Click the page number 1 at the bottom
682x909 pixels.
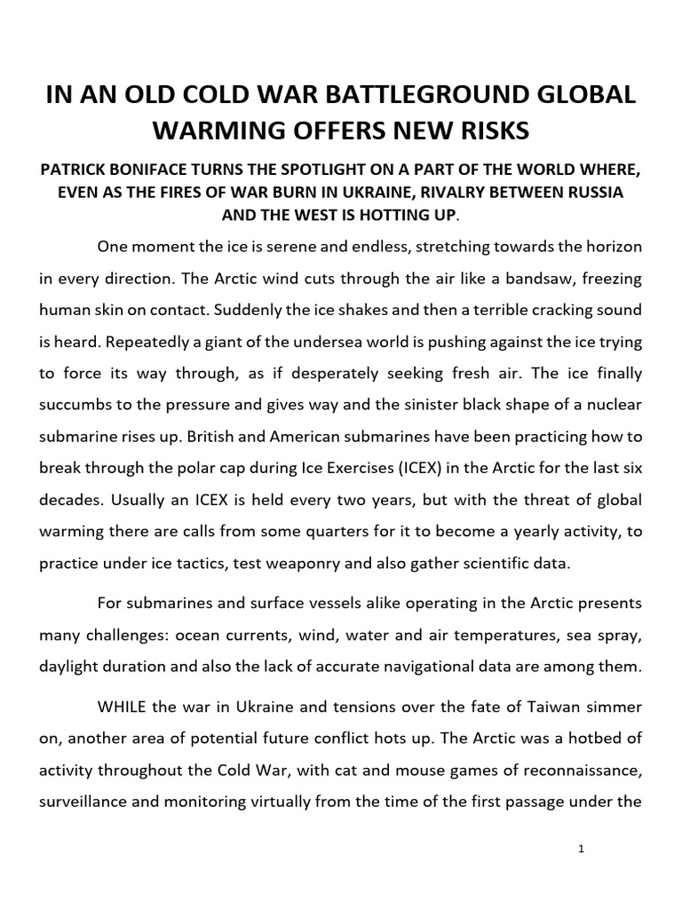click(x=580, y=849)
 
